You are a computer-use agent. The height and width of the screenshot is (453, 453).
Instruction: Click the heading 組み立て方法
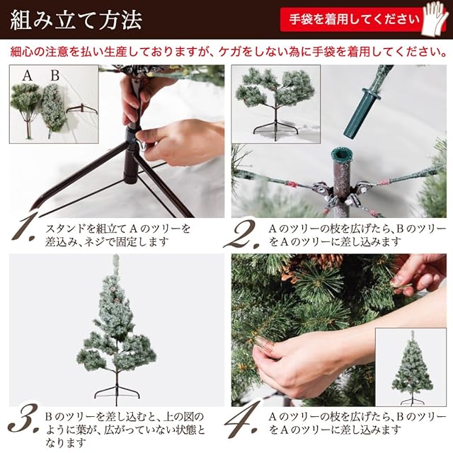[x=76, y=21]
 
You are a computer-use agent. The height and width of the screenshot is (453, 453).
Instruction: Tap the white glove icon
[x=435, y=19]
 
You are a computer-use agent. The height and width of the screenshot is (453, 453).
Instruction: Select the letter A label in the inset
[x=28, y=76]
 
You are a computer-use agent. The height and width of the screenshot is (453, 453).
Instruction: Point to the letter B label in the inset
[x=55, y=76]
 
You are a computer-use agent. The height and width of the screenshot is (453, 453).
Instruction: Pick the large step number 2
[x=242, y=234]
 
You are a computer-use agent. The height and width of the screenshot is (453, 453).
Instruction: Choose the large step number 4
[x=242, y=421]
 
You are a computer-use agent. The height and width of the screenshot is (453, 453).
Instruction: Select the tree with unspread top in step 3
[x=116, y=329]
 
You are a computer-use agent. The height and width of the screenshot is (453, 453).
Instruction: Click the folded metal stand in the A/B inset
[x=82, y=108]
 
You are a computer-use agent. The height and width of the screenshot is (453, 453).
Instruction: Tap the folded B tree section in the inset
[x=54, y=109]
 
